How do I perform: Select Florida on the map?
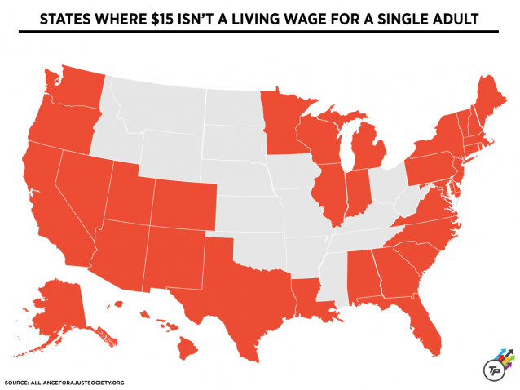click(x=424, y=322)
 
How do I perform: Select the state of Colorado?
click(x=183, y=204)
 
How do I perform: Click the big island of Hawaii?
click(x=186, y=349)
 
